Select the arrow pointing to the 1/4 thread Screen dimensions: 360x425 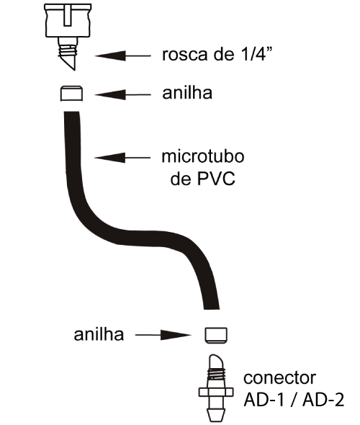tap(122, 56)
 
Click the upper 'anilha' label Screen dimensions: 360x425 tap(187, 93)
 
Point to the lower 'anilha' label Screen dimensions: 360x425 tap(99, 335)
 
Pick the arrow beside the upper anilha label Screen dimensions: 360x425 tap(122, 95)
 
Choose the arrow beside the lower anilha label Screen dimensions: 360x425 tap(163, 335)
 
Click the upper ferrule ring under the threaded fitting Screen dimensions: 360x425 tap(71, 94)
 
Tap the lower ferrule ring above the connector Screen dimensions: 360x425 tap(216, 335)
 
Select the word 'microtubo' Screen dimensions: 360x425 tap(203, 156)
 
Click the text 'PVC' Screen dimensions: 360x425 tap(217, 179)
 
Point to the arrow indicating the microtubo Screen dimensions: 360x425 tap(122, 158)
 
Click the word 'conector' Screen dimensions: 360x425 tap(279, 378)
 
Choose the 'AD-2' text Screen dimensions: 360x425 tap(323, 400)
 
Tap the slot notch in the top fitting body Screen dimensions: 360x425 tap(68, 16)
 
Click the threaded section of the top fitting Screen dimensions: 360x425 tap(68, 50)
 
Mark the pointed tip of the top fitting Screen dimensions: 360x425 tap(74, 70)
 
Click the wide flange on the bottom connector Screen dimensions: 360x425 tap(216, 393)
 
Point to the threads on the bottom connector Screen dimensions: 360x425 tap(216, 375)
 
